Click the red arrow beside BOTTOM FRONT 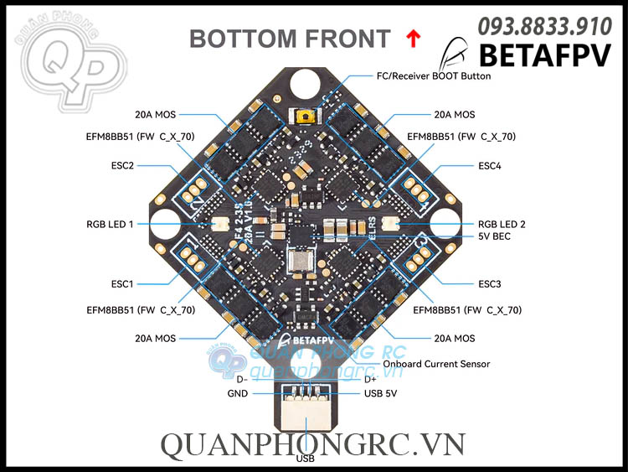411,37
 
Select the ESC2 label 121,165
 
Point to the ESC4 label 490,165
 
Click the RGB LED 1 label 110,224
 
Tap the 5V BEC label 494,236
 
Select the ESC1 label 121,284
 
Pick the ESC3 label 490,284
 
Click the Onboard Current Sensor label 436,364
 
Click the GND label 237,393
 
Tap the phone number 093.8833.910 543,26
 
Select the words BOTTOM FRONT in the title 290,39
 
